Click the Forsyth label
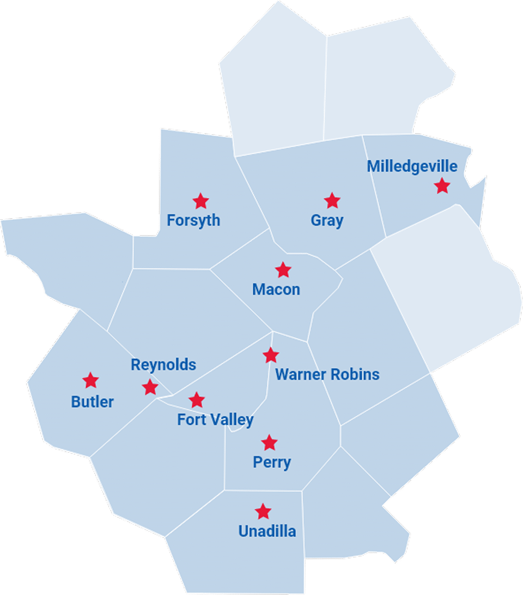click(193, 221)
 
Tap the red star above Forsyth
click(201, 201)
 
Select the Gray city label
click(327, 221)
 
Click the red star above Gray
click(332, 201)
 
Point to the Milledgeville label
click(412, 166)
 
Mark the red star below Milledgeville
click(442, 186)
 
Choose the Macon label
click(276, 290)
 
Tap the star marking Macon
click(283, 269)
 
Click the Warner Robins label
click(327, 375)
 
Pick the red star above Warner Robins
click(271, 356)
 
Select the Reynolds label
click(163, 365)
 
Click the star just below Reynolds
click(150, 388)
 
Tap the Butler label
click(93, 402)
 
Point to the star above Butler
click(90, 380)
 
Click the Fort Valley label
click(215, 420)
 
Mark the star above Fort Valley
click(197, 400)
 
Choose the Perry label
click(272, 462)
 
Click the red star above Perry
click(269, 442)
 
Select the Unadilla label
click(267, 531)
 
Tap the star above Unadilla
click(263, 512)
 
